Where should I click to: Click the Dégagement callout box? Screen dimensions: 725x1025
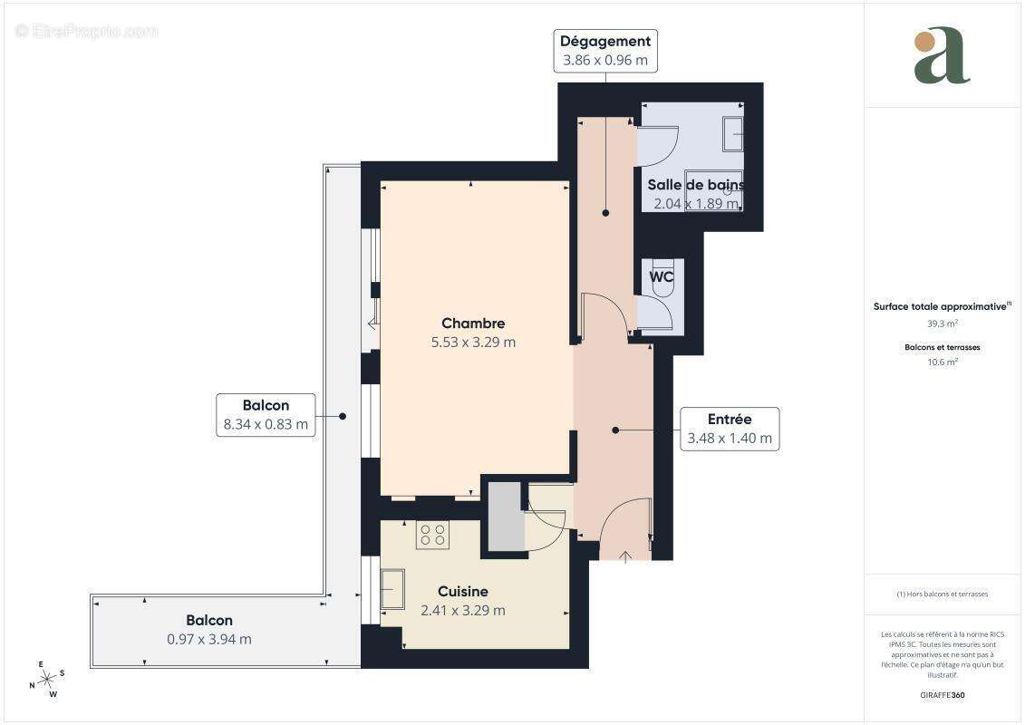coord(604,51)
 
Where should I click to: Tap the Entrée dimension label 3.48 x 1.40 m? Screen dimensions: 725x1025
coord(730,439)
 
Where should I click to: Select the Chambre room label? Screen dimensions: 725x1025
coord(473,324)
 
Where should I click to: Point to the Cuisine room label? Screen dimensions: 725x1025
coord(463,592)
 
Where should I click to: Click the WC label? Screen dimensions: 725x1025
coord(662,277)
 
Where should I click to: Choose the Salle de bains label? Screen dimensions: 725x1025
coord(695,185)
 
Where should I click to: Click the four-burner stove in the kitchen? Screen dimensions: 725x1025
coord(432,535)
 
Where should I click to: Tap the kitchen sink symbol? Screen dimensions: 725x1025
coord(392,589)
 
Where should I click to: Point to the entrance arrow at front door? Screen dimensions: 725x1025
coord(625,556)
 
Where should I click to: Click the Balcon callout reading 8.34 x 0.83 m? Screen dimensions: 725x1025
coord(266,415)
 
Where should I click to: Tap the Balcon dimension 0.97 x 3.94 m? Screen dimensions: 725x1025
coord(209,639)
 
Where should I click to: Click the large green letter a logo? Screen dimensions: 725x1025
coord(942,56)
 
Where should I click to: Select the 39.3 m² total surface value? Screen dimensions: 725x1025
coord(942,323)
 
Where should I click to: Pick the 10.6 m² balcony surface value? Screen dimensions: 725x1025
coord(942,362)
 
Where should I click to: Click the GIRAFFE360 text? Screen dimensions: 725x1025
coord(942,695)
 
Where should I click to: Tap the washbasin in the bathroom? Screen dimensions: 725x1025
coord(732,133)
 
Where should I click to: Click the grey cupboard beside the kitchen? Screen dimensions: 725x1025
coord(506,517)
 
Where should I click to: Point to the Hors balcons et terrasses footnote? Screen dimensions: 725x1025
coord(942,594)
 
